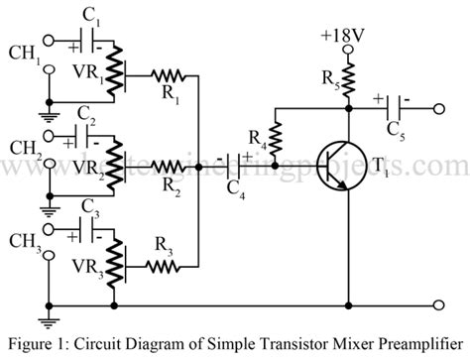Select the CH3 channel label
pos(23,241)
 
